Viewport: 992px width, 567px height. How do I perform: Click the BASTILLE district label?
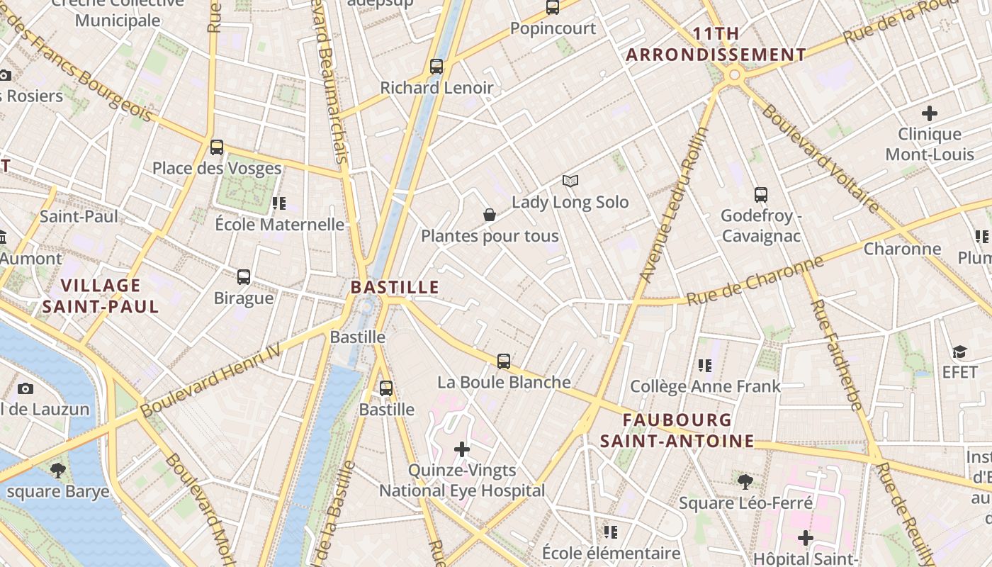pos(395,287)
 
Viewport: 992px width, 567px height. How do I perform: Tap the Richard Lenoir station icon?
pos(436,67)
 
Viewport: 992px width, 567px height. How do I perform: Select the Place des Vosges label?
pos(217,169)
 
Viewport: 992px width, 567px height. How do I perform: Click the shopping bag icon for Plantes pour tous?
pos(489,215)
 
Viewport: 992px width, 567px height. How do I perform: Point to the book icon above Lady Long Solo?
pos(570,181)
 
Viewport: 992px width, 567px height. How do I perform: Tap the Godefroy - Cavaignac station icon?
pos(761,194)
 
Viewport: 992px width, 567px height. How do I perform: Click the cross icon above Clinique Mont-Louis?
pos(929,113)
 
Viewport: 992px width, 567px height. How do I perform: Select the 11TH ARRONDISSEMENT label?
pos(716,44)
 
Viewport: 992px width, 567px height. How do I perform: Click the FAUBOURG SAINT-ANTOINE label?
pos(677,430)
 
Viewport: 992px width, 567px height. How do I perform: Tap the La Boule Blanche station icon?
pos(504,361)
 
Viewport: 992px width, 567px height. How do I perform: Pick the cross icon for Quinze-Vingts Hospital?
pos(462,449)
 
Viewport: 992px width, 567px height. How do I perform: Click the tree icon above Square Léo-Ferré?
pos(745,482)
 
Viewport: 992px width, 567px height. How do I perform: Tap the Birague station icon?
pos(244,276)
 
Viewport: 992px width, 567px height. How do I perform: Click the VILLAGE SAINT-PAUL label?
pos(100,296)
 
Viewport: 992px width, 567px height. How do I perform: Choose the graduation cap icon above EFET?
pos(959,352)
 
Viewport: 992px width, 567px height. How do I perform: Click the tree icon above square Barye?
pos(58,470)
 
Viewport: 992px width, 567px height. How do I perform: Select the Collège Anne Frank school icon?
pos(704,366)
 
